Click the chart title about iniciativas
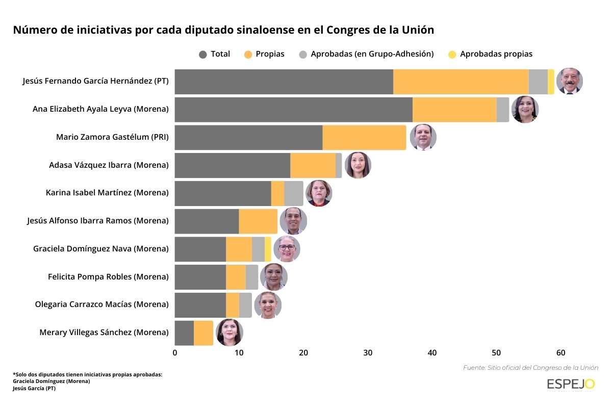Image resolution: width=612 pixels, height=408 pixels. pyautogui.click(x=223, y=30)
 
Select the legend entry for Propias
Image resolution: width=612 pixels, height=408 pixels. pyautogui.click(x=264, y=54)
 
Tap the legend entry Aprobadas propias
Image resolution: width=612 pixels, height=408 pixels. pyautogui.click(x=490, y=54)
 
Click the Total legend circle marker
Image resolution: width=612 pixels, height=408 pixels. pyautogui.click(x=203, y=55)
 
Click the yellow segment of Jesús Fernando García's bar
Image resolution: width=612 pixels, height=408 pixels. pyautogui.click(x=551, y=82)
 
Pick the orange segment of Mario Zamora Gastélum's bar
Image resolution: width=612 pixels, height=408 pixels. pyautogui.click(x=364, y=138)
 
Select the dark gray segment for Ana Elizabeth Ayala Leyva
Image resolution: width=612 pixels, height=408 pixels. pyautogui.click(x=293, y=110)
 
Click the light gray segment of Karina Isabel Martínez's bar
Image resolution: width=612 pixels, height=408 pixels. pyautogui.click(x=293, y=193)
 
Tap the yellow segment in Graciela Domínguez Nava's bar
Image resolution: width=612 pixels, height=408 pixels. pyautogui.click(x=268, y=249)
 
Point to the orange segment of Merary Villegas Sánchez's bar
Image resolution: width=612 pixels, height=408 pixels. pyautogui.click(x=203, y=333)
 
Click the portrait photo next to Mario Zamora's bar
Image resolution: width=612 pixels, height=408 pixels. pyautogui.click(x=423, y=137)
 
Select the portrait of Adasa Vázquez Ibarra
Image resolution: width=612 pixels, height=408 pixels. pyautogui.click(x=358, y=165)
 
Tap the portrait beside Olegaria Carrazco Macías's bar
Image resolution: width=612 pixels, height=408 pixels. pyautogui.click(x=268, y=305)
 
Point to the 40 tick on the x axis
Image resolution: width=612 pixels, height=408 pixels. pyautogui.click(x=432, y=353)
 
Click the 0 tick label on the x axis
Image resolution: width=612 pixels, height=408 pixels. pyautogui.click(x=175, y=353)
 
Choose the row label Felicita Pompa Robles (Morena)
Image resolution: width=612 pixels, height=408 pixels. pyautogui.click(x=108, y=277)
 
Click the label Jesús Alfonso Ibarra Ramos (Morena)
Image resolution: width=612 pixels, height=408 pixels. pyautogui.click(x=97, y=221)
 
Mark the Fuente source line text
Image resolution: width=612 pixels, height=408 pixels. pyautogui.click(x=530, y=367)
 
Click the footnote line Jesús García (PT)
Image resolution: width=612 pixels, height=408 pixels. pyautogui.click(x=34, y=388)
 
